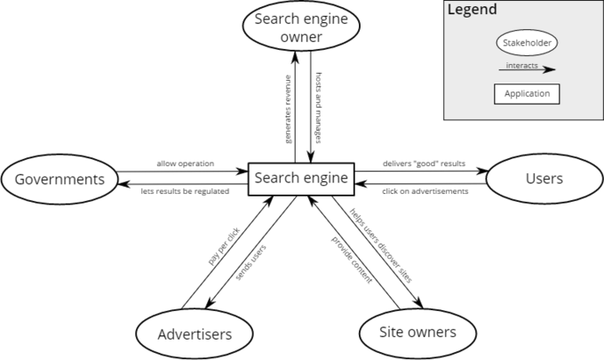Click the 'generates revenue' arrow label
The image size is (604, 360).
pyautogui.click(x=288, y=109)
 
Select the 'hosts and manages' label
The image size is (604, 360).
pyautogui.click(x=319, y=108)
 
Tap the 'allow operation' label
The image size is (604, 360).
pyautogui.click(x=186, y=164)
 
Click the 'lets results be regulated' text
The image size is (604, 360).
pyautogui.click(x=185, y=191)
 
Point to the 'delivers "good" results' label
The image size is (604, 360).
pyautogui.click(x=424, y=164)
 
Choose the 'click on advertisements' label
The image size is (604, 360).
pyautogui.click(x=425, y=191)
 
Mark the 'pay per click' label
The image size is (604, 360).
pyautogui.click(x=224, y=246)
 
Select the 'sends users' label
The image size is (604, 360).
pyautogui.click(x=250, y=262)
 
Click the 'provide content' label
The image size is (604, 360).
pyautogui.click(x=352, y=260)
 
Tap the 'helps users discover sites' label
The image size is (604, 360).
pyautogui.click(x=381, y=245)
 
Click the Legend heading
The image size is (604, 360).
pyautogui.click(x=473, y=9)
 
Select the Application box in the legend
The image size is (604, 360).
pyautogui.click(x=527, y=94)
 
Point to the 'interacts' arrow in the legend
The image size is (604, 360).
pyautogui.click(x=527, y=69)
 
